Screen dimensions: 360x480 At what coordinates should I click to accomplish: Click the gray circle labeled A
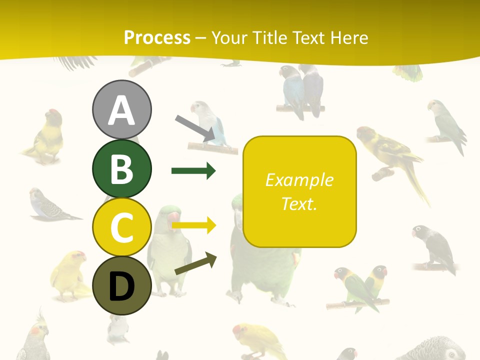[x=121, y=109]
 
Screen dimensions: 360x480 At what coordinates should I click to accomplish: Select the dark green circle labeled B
[x=121, y=168]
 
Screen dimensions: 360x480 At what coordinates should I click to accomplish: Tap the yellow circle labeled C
[x=121, y=227]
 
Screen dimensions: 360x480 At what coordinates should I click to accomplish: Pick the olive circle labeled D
[x=121, y=286]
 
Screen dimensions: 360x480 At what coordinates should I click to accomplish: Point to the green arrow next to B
[x=193, y=171]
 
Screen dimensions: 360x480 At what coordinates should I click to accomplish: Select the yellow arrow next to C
[x=193, y=225]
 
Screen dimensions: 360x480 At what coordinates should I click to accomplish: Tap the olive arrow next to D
[x=195, y=264]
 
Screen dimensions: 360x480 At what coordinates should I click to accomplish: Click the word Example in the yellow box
[x=299, y=180]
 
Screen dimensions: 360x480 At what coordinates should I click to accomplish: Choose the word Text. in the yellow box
[x=299, y=204]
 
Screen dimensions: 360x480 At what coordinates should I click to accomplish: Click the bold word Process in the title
[x=157, y=37]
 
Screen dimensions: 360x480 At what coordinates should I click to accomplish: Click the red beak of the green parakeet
[x=173, y=216]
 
